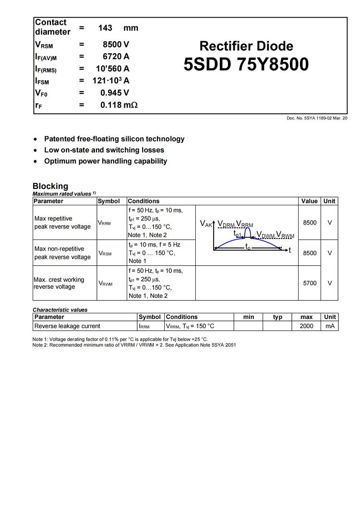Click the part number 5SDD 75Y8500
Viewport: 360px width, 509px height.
tap(246, 64)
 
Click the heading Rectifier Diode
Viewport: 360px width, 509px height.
tap(246, 46)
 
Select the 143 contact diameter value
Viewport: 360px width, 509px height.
tap(105, 28)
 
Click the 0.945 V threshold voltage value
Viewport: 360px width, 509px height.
tap(115, 93)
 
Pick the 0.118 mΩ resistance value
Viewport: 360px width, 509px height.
tap(119, 105)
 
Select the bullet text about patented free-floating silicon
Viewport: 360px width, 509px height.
tap(114, 139)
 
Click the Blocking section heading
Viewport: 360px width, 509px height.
tap(50, 186)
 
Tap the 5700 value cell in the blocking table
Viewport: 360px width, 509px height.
tap(310, 283)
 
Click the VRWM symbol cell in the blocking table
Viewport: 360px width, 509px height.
tap(105, 283)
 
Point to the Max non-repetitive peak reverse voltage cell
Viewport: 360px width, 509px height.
tap(62, 253)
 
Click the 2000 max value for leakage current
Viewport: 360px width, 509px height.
tap(306, 326)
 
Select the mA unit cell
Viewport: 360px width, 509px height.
tap(330, 326)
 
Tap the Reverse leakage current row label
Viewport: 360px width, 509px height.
tap(67, 326)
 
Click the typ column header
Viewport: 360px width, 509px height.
tap(277, 317)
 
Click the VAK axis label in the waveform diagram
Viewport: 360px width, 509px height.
tap(205, 224)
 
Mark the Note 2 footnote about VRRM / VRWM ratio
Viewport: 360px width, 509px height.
tap(134, 345)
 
